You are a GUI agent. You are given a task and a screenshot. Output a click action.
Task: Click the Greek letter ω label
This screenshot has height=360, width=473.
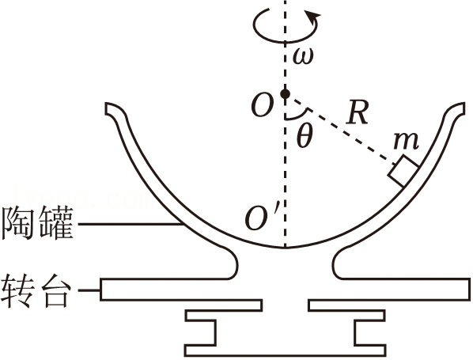(x=303, y=56)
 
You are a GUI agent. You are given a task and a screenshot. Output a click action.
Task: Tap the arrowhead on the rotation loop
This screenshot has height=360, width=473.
(x=312, y=16)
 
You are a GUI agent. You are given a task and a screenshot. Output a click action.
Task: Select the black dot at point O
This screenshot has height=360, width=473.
(x=285, y=94)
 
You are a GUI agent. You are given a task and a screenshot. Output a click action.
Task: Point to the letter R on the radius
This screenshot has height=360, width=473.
(x=358, y=112)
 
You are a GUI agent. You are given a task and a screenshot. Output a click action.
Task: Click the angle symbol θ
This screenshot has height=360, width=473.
(x=304, y=136)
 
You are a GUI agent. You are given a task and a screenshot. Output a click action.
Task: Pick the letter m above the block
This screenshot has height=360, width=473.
(x=406, y=141)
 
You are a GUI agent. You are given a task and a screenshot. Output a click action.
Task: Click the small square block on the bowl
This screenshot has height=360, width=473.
(x=403, y=171)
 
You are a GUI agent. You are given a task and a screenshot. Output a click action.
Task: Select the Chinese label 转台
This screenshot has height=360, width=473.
(x=36, y=290)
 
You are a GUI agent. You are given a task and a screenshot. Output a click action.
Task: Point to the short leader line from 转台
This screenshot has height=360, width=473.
(x=89, y=290)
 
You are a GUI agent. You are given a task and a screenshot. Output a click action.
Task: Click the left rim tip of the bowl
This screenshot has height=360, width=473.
(x=106, y=108)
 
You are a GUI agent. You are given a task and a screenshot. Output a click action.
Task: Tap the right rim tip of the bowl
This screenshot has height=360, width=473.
(x=464, y=108)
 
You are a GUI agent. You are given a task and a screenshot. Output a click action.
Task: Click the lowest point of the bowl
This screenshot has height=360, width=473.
(x=285, y=248)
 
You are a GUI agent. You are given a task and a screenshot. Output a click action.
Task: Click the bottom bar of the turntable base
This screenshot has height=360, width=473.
(x=286, y=351)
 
